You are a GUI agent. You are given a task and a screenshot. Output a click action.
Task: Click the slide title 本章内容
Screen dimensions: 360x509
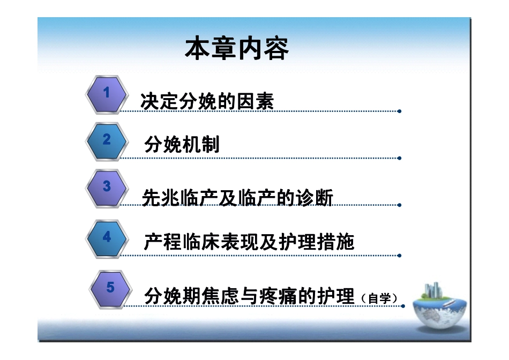pos(237,49)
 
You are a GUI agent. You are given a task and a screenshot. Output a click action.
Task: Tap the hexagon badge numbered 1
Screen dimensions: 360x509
pos(107,94)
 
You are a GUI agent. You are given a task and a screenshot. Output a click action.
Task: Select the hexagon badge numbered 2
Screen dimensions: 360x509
pos(107,141)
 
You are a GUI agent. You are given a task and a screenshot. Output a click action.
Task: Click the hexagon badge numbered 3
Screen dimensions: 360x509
pos(107,187)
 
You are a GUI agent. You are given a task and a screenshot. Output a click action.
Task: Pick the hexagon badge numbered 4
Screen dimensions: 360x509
pos(107,237)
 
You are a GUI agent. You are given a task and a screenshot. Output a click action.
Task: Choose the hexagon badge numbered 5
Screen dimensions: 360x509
pos(110,289)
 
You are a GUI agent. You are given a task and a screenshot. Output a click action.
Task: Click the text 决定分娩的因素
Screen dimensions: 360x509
pos(207,101)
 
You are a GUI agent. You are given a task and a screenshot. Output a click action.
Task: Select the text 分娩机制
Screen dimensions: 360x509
pos(182,145)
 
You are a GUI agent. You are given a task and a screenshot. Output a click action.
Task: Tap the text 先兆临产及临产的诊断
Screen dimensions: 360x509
pos(237,198)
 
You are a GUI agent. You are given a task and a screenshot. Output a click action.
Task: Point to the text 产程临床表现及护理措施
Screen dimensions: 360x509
pos(249,242)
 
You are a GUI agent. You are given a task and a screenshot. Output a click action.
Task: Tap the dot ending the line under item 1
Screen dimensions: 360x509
pos(399,111)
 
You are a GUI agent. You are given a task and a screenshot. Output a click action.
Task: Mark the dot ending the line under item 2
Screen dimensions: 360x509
pos(399,158)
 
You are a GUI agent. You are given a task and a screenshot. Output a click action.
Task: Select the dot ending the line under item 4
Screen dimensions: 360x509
pos(399,255)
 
